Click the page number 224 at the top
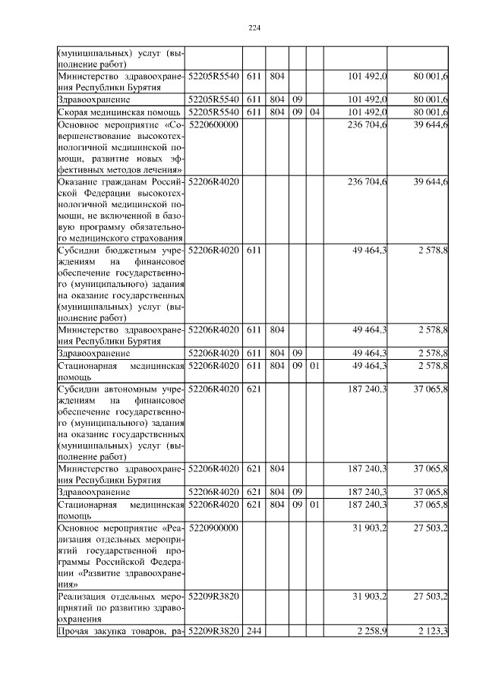tap(254, 29)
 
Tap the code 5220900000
tap(213, 528)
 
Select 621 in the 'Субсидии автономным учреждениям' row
tap(253, 389)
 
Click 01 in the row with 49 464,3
tap(314, 367)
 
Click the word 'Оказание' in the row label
tap(81, 182)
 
